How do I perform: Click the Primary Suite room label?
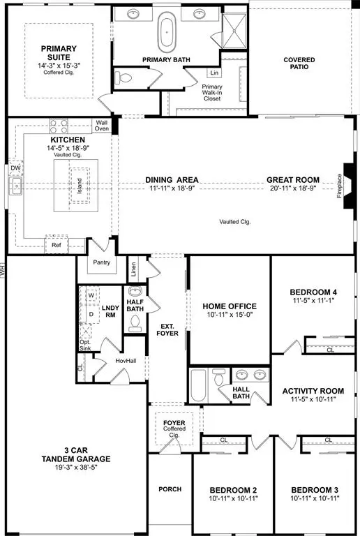pos(59,54)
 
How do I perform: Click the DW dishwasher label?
pos(15,168)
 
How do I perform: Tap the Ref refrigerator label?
pos(57,246)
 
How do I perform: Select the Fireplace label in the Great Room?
pos(340,186)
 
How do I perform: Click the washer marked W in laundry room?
pos(91,295)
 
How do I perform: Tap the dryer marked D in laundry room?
pos(91,315)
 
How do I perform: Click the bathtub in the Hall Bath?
pos(197,385)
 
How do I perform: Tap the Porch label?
pos(170,489)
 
